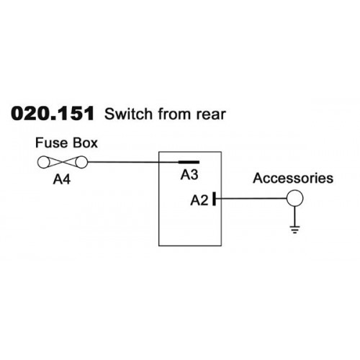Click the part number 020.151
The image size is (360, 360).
[53, 114]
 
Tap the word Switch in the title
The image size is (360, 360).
[128, 114]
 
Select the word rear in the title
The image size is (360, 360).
[211, 114]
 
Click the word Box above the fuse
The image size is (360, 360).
[85, 143]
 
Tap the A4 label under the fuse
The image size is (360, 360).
[62, 179]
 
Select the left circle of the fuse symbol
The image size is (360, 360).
[44, 162]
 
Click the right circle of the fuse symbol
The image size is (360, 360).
[81, 162]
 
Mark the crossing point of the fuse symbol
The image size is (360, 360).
[63, 162]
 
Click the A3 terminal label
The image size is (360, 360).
[189, 175]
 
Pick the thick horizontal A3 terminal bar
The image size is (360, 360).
[189, 162]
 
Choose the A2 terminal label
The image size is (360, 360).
[199, 200]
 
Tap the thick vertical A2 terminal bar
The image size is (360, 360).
[214, 199]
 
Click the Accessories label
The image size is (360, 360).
[293, 179]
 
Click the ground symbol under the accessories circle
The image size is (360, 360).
[294, 230]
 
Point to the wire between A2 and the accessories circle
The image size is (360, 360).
[251, 199]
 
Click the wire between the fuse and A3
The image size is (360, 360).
[133, 162]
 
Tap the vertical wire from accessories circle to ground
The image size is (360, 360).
[294, 216]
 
